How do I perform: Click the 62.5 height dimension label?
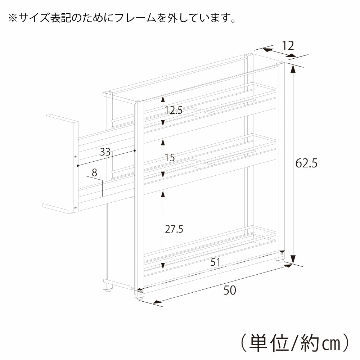coord(306,163)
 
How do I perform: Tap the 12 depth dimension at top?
coord(288,46)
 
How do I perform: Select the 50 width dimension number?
coord(230,290)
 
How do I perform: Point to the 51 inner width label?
coord(215,262)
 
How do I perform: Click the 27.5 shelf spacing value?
coord(174,229)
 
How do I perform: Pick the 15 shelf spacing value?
coord(170,158)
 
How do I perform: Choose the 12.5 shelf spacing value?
coord(174,111)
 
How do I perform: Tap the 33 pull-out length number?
coord(105,152)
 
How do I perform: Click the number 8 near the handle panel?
coord(94,173)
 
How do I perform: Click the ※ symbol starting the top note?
coord(13,18)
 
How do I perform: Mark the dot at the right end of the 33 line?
coord(135,150)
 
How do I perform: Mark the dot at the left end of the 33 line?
coord(78,166)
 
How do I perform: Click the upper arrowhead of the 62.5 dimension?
coord(292,68)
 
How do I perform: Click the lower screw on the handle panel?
coord(76,208)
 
